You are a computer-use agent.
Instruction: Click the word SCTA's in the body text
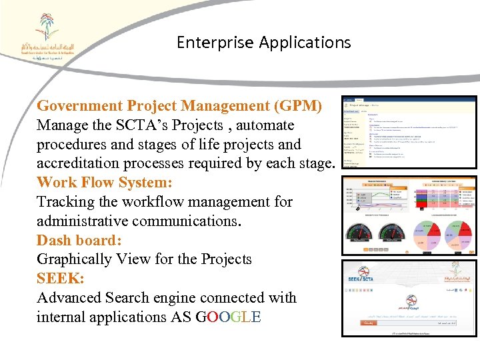[189, 125]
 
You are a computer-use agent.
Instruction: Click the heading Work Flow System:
[105, 183]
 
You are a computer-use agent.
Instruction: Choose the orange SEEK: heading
[60, 279]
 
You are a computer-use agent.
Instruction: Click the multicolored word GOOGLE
[229, 317]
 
